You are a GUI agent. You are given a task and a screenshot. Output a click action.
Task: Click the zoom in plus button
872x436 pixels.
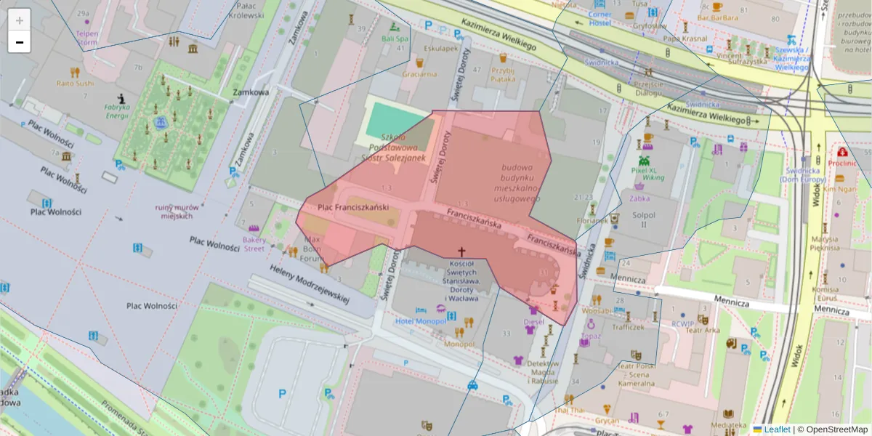tap(20, 20)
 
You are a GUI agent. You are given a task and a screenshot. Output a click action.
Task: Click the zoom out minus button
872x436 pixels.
tap(20, 42)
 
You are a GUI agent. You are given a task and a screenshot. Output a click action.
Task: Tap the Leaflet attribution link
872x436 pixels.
tap(777, 429)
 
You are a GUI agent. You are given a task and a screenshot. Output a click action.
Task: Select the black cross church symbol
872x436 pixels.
tap(461, 251)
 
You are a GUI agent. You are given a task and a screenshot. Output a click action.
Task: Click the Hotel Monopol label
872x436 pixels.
tap(421, 320)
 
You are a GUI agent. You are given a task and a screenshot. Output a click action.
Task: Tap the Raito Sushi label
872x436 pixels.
tap(75, 83)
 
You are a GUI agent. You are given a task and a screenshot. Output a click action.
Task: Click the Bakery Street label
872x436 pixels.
tap(254, 243)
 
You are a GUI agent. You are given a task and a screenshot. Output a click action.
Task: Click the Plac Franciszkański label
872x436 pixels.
tap(353, 208)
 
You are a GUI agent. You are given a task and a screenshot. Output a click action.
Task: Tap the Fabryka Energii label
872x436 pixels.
tap(116, 111)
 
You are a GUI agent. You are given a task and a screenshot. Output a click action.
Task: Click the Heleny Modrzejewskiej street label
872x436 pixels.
tap(310, 284)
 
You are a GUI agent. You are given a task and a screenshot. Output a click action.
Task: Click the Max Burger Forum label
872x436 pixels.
tap(312, 248)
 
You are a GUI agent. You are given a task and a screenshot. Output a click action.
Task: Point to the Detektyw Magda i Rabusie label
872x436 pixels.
tap(542, 371)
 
